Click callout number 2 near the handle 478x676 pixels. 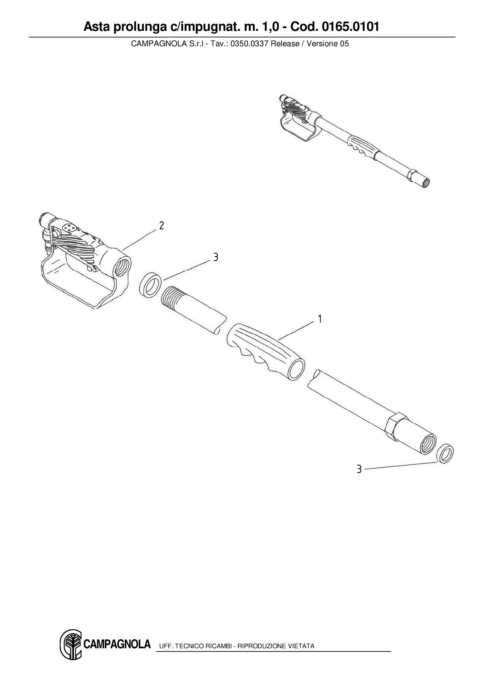(x=162, y=225)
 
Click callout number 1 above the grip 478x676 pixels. (x=320, y=319)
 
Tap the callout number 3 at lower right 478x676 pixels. (x=359, y=469)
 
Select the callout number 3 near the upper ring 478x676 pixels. (x=215, y=257)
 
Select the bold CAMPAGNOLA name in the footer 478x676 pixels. (x=117, y=644)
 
